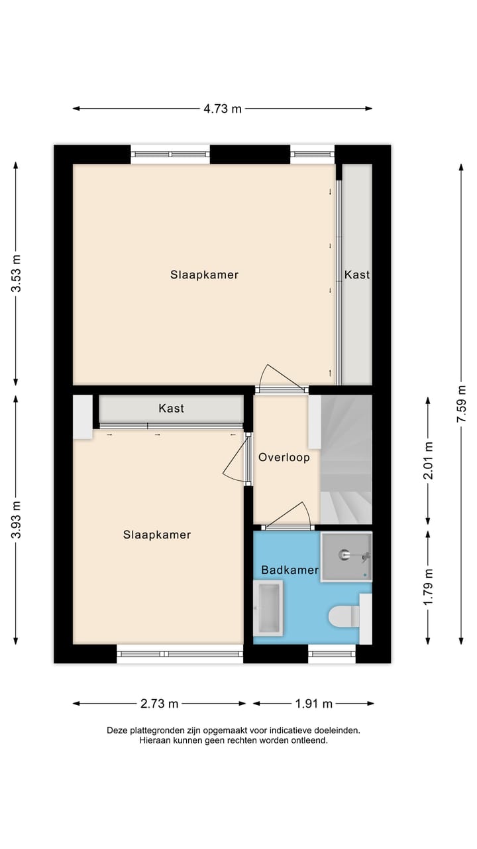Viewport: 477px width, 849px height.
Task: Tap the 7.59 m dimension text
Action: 462,404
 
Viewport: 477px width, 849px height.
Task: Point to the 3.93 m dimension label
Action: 17,519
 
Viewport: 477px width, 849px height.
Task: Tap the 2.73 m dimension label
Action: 159,704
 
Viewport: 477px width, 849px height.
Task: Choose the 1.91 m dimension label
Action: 313,704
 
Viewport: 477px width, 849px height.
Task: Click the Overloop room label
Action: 284,458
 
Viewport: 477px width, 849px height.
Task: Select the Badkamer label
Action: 290,570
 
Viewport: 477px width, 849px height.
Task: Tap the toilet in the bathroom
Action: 344,617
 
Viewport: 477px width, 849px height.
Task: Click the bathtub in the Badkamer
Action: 268,607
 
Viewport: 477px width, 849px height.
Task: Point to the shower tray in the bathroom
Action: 346,556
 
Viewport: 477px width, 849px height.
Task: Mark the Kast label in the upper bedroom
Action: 356,275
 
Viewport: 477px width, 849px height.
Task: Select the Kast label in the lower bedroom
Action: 171,409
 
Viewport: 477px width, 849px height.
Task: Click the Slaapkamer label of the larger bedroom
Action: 204,275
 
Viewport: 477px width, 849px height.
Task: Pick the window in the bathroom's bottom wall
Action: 332,654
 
